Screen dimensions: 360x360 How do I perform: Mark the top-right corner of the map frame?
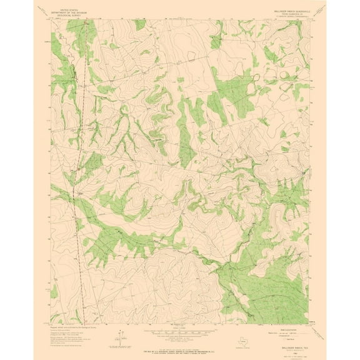point(308,19)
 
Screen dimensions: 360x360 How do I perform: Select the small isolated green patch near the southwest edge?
point(55,291)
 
